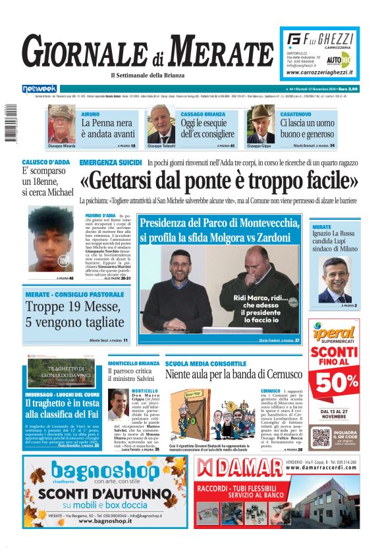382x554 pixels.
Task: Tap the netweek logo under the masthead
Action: tap(40, 88)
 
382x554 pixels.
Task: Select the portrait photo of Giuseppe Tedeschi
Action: tap(161, 125)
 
